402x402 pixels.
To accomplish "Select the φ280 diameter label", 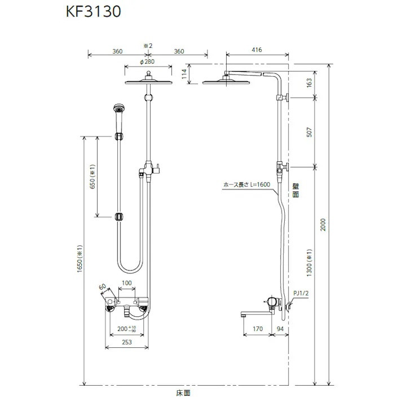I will tap(147, 61).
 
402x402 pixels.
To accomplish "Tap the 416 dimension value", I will tap(257, 50).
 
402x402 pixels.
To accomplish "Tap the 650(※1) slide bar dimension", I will tap(93, 176).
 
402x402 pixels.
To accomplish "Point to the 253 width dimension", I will tap(127, 342).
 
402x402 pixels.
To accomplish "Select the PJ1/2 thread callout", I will tap(301, 293).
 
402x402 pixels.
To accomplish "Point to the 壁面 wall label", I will tap(295, 189).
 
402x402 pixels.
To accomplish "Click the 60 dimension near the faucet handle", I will tap(102, 288).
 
